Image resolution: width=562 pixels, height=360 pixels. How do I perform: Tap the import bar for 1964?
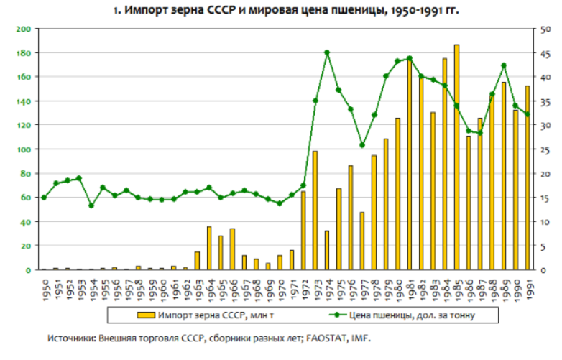(x=209, y=248)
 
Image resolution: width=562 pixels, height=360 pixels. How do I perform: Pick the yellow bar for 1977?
(x=361, y=241)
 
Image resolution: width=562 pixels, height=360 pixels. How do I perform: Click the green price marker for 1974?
(x=326, y=52)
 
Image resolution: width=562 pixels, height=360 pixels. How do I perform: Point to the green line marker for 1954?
(x=91, y=206)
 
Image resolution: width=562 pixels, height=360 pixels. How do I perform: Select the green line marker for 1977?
(x=361, y=145)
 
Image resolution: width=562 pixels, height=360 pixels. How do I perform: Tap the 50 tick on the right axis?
(x=545, y=29)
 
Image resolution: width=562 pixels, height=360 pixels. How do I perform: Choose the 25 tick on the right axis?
(x=545, y=149)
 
